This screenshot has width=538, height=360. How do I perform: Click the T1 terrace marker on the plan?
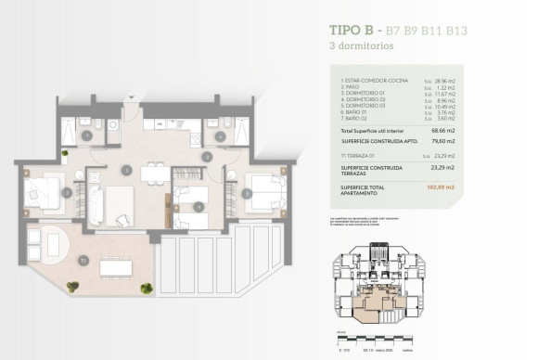pyautogui.click(x=83, y=260)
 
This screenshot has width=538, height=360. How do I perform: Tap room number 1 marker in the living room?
pyautogui.click(x=126, y=170)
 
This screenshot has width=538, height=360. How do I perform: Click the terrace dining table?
pyautogui.click(x=117, y=268)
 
